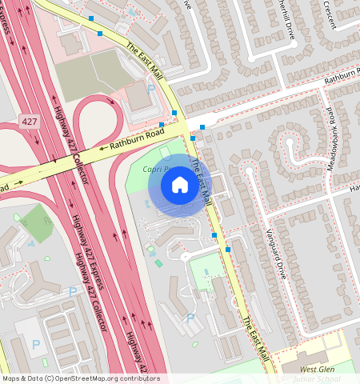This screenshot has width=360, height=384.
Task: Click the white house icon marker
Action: coord(179,186)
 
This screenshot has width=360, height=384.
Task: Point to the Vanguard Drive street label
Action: coord(276,253)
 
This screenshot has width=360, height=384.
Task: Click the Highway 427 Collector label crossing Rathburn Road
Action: coord(70,144)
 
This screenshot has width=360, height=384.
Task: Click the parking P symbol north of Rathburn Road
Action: coord(150,90)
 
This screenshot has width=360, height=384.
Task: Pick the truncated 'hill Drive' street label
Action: coord(285,18)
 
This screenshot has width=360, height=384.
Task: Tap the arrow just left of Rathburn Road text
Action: coord(102,148)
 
